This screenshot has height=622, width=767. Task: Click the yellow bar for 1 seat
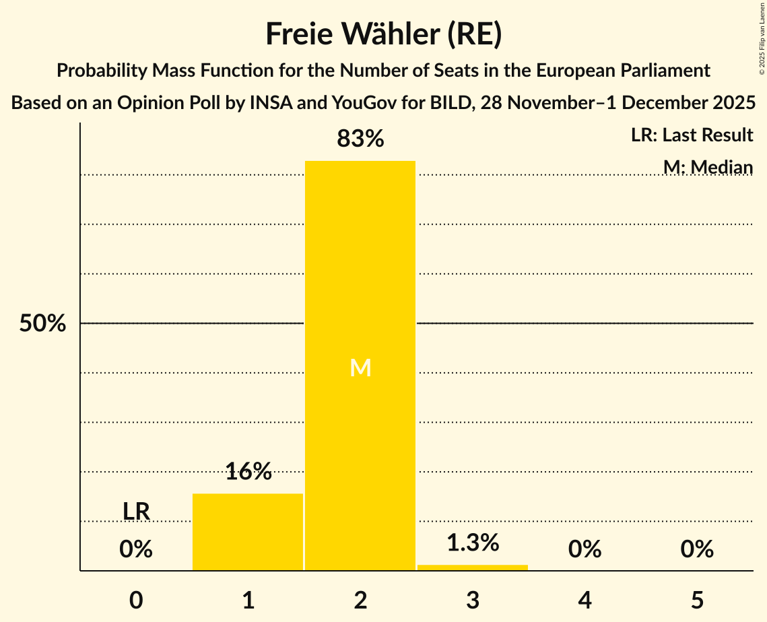[x=248, y=532]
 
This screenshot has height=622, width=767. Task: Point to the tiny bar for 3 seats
[x=473, y=567]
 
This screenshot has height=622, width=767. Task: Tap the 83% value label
[x=360, y=139]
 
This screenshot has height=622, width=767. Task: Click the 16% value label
[x=248, y=472]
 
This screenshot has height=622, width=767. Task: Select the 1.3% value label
[x=473, y=543]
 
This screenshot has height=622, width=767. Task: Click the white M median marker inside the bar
[x=360, y=368]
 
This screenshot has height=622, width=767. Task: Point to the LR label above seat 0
[x=136, y=512]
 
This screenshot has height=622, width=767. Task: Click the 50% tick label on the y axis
[x=42, y=324]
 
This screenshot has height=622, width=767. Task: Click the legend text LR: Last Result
[x=692, y=135]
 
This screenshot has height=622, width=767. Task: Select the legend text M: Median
[x=707, y=167]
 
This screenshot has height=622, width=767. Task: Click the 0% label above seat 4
[x=585, y=550]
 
